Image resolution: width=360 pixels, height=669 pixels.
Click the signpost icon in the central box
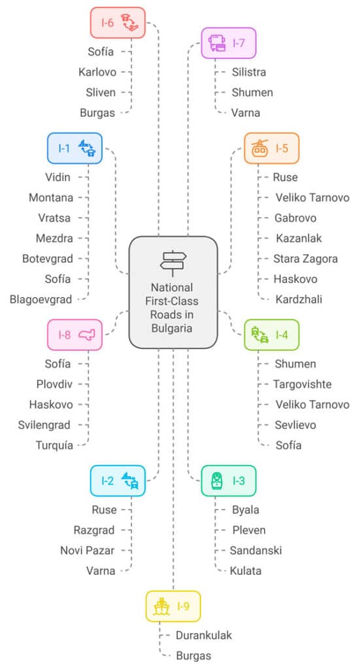[x=173, y=263]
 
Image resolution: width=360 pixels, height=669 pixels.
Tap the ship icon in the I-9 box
[x=161, y=606]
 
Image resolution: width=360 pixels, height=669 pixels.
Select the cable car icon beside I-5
[x=259, y=148]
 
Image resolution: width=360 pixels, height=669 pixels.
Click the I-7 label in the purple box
[x=239, y=43]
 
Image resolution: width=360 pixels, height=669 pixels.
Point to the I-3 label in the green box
[x=239, y=481]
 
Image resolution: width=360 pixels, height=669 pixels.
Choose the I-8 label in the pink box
[x=65, y=335]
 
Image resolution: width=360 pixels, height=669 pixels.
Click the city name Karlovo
[x=97, y=72]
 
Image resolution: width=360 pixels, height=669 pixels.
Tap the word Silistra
[x=249, y=72]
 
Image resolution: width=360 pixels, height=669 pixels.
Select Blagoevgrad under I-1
[x=41, y=299]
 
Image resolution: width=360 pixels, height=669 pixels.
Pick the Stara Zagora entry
[x=305, y=259]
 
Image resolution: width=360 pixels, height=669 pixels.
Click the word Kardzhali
[x=299, y=299]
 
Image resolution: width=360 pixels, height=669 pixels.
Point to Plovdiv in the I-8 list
[x=54, y=384]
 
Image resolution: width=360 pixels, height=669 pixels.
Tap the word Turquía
[x=54, y=446]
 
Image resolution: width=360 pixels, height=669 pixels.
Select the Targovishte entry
[x=303, y=384]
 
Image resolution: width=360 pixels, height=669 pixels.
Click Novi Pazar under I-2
[x=88, y=550]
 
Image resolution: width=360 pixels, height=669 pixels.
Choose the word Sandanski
[x=256, y=550]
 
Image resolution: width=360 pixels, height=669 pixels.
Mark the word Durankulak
[x=204, y=635]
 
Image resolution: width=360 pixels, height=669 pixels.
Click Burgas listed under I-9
[x=193, y=656]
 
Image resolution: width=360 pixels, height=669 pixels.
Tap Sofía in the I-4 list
[x=288, y=445]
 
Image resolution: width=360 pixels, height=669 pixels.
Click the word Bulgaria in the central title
[x=171, y=328]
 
